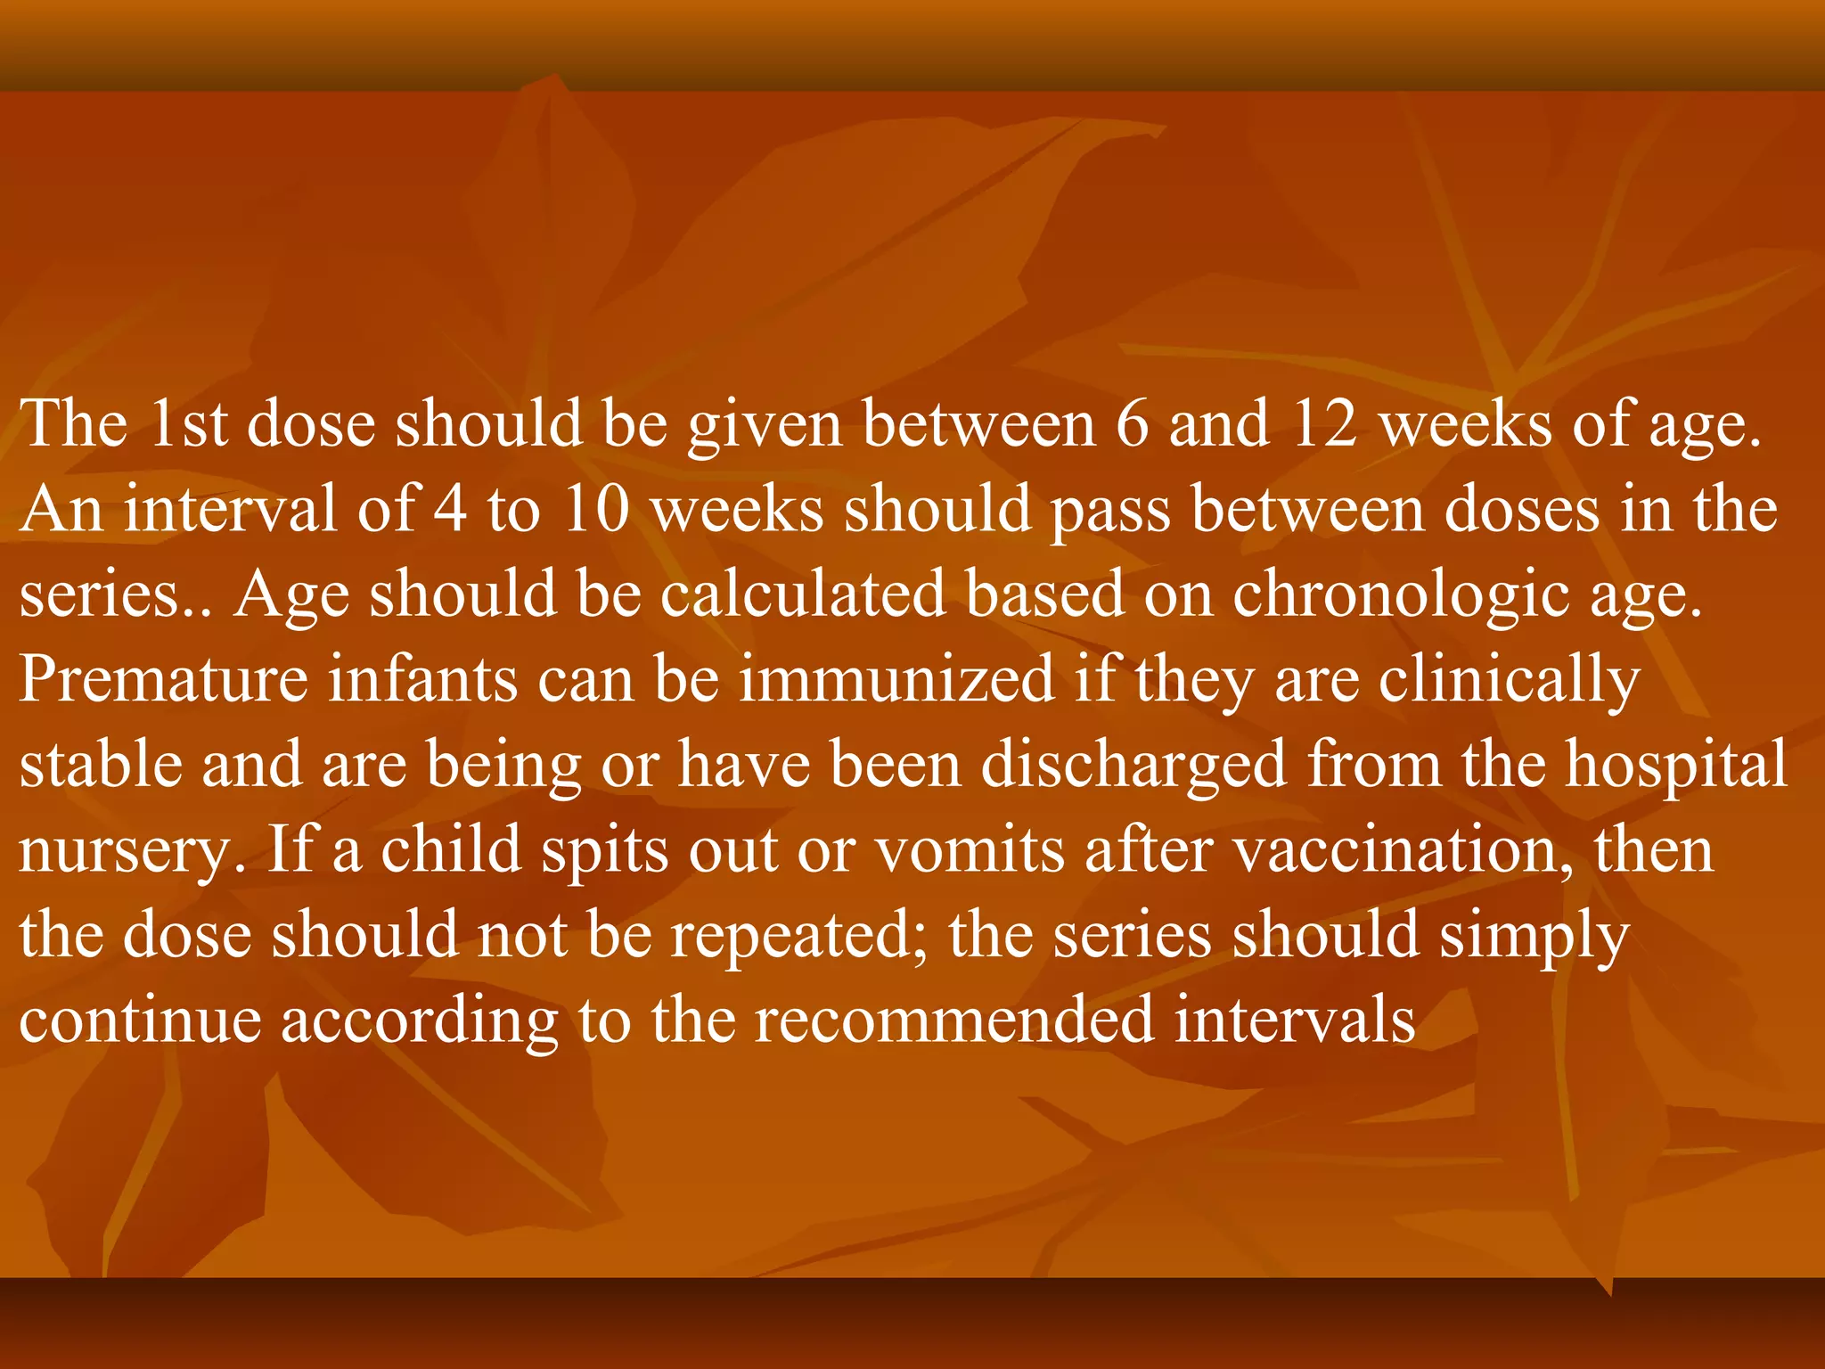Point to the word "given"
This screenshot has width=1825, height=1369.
tap(764, 426)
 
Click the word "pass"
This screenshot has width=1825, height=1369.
tap(1110, 512)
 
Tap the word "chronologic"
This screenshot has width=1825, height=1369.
tap(1401, 596)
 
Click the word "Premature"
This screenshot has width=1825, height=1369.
tap(163, 679)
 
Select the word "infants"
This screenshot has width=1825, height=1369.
tap(422, 679)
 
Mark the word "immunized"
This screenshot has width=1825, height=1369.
tap(896, 679)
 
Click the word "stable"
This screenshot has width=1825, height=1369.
tap(100, 765)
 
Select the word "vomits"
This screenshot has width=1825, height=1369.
tap(970, 850)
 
